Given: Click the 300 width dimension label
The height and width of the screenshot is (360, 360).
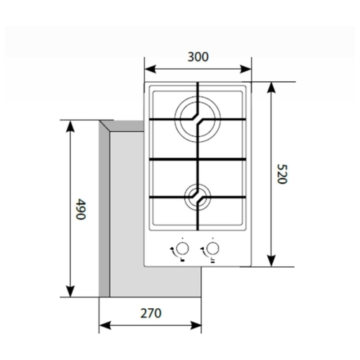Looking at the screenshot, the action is [198, 57].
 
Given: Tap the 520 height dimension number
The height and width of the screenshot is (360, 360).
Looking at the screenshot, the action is [282, 174].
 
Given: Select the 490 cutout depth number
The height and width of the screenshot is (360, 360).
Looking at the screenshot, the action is [81, 209].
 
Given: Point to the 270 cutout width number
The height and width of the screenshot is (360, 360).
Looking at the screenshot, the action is [150, 313].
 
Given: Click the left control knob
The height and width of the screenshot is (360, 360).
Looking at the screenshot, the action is [182, 248].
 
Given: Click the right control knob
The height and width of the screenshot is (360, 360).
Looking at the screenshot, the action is [212, 248].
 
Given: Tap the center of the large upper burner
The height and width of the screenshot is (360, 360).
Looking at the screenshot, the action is [197, 120].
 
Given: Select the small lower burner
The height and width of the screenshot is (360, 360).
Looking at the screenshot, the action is [197, 197].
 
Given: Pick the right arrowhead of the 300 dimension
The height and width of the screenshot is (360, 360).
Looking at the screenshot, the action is [246, 69].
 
